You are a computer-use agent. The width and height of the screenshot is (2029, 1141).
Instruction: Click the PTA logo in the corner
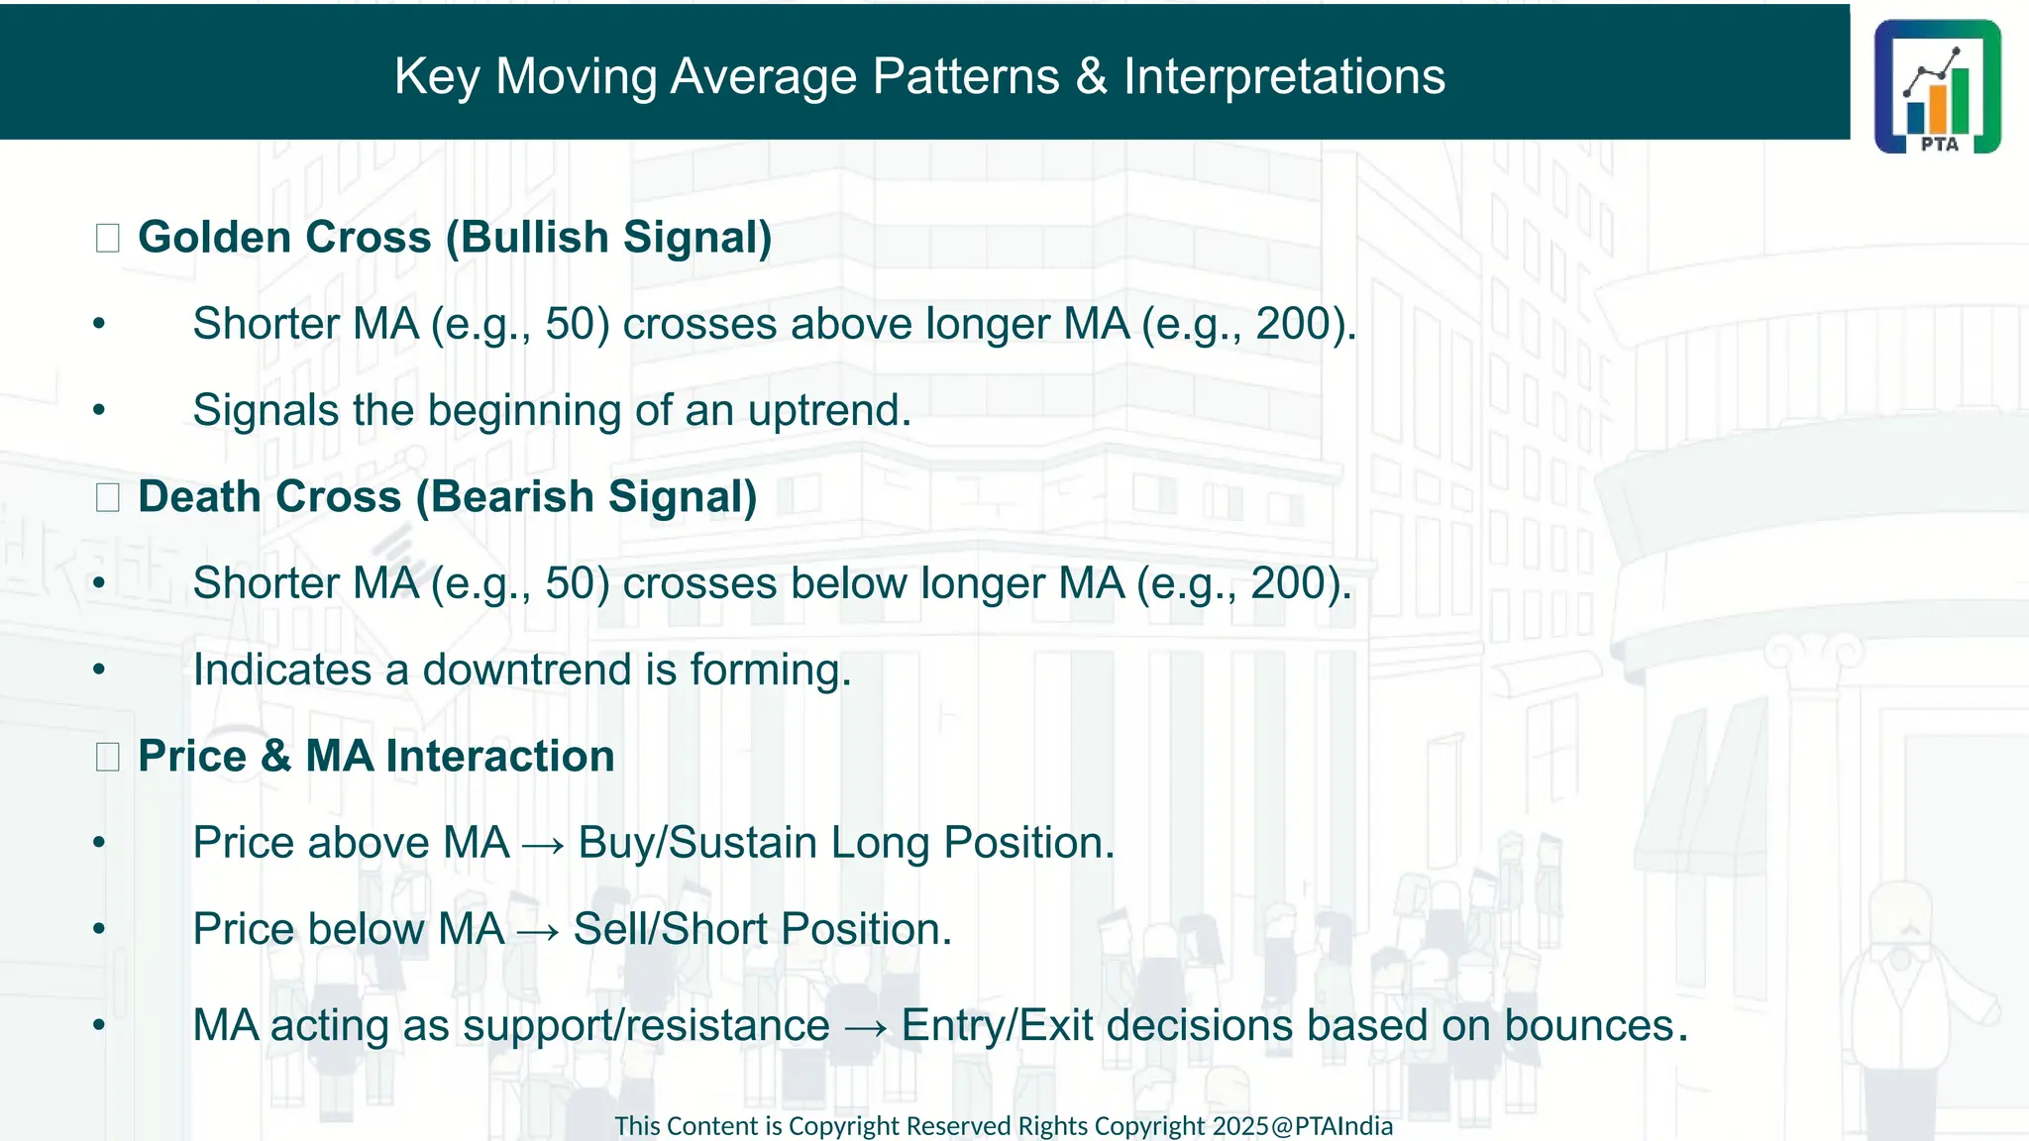(1937, 86)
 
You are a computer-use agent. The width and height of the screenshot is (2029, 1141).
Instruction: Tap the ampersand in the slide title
(1091, 76)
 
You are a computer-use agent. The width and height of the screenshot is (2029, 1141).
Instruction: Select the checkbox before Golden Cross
(108, 238)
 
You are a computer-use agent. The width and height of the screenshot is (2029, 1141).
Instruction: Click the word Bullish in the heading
(534, 238)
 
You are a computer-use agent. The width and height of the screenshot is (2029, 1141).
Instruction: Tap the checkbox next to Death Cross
(108, 497)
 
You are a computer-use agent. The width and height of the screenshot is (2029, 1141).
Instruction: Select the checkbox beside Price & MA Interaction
(108, 757)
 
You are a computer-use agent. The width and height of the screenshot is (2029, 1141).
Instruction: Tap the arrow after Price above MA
(543, 845)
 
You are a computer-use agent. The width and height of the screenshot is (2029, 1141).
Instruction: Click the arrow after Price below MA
(539, 931)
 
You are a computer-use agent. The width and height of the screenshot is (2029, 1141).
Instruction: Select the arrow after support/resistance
(865, 1027)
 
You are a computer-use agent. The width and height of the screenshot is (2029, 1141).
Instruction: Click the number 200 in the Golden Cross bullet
(1293, 324)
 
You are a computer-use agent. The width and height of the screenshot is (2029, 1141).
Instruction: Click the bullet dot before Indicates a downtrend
(99, 671)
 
